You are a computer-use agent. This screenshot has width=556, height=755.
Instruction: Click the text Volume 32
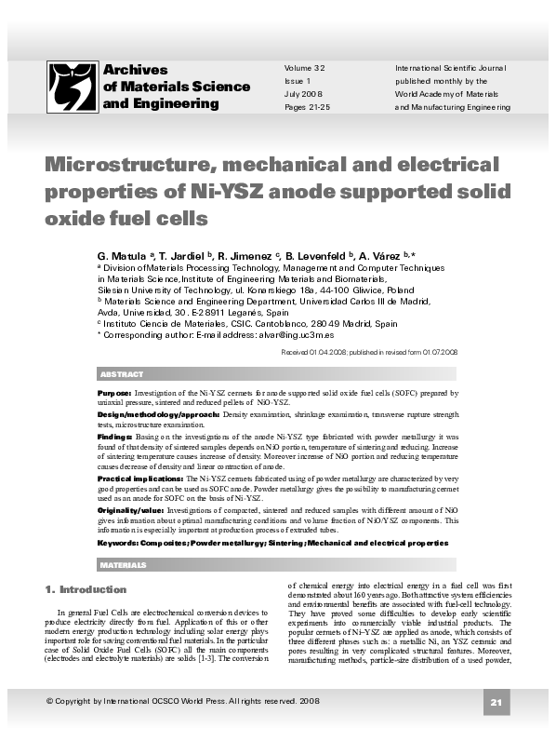coord(304,69)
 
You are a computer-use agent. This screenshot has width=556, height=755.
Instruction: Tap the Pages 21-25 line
coord(307,107)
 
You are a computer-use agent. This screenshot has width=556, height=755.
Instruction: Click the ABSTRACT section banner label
coord(121,374)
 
